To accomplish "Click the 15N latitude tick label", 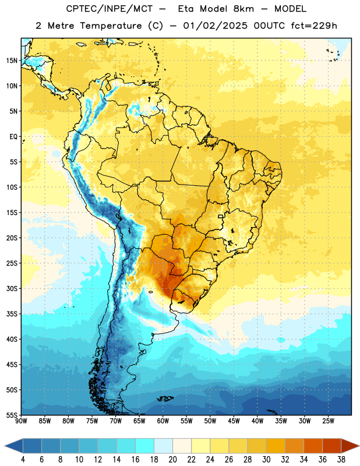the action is tap(12, 61).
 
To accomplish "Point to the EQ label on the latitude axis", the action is tap(13, 137).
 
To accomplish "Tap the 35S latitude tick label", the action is tap(12, 314).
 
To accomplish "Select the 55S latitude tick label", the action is tap(12, 415).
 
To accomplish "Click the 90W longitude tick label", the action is tap(22, 421).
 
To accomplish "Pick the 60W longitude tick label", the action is tap(163, 421).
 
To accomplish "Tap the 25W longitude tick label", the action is tap(328, 421).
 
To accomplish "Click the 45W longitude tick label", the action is tap(234, 421).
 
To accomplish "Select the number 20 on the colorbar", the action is tap(172, 460).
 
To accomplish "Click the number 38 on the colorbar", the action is tap(341, 460).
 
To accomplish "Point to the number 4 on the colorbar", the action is tap(23, 460).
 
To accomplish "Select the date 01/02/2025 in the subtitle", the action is tap(215, 26).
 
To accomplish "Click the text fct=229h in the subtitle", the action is tap(314, 26).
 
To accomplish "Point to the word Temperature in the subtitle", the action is tap(111, 26).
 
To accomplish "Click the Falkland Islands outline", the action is tap(165, 398).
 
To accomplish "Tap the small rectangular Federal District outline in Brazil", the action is tap(221, 216).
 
